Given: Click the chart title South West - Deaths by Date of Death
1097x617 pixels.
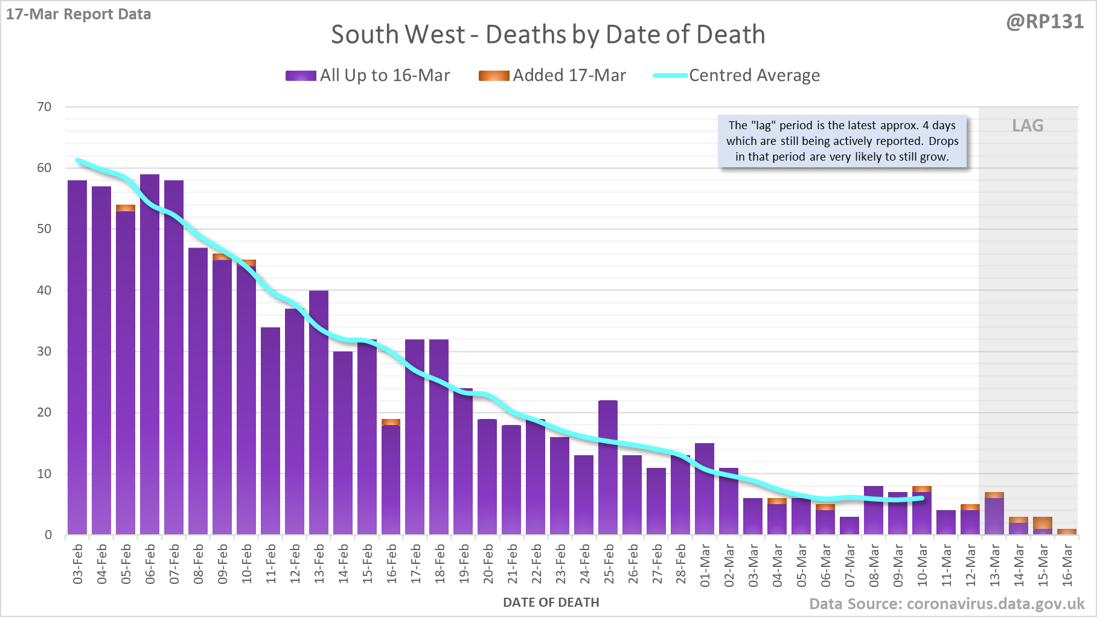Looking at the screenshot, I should click(x=548, y=34).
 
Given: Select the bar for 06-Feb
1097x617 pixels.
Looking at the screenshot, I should click(x=150, y=356).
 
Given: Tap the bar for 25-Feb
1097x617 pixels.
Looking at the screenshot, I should click(x=608, y=468).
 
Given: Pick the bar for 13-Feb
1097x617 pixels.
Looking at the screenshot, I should click(x=319, y=414).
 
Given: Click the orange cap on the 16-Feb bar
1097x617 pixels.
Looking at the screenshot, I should click(x=391, y=422).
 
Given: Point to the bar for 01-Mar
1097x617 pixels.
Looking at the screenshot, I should click(x=705, y=489).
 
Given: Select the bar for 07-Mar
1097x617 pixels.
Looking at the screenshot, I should click(x=849, y=526).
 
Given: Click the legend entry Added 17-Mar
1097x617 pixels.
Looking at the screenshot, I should click(x=552, y=75).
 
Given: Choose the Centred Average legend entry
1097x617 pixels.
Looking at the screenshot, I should click(x=737, y=75).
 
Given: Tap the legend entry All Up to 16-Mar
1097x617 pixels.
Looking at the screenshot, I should click(x=368, y=75).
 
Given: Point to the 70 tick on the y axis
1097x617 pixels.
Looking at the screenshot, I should click(x=45, y=107).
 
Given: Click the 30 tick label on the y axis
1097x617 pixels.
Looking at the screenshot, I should click(x=45, y=351).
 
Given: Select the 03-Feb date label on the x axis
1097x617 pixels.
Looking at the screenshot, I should click(x=78, y=564).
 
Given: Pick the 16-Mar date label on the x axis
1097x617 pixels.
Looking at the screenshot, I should click(x=1067, y=564).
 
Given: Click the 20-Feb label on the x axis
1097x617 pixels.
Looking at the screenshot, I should click(x=488, y=564).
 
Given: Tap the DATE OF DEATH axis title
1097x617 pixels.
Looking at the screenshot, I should click(x=551, y=603).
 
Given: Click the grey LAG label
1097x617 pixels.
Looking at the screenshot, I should click(x=1028, y=126).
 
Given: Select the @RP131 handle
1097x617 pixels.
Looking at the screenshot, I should click(x=1044, y=22).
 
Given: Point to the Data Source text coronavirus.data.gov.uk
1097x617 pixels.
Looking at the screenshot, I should click(x=947, y=604).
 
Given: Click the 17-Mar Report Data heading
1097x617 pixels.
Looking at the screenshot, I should click(x=78, y=14).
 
